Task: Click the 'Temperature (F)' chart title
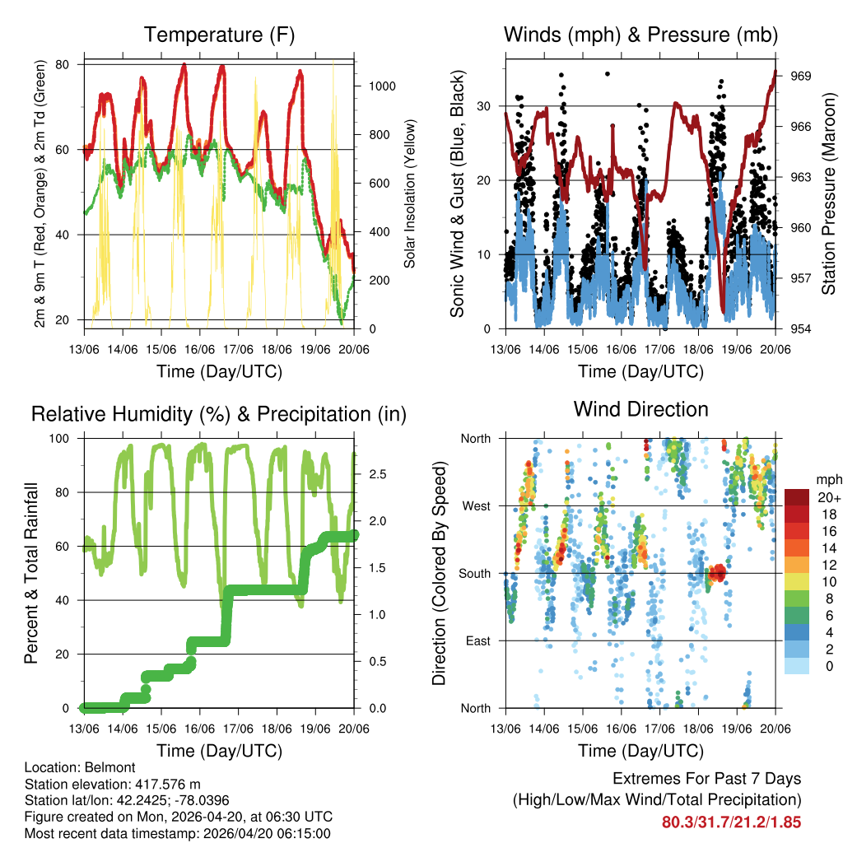[219, 35]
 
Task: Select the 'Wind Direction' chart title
[640, 409]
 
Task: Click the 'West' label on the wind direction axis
[476, 505]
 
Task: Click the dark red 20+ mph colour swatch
[796, 497]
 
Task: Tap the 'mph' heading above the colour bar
[827, 479]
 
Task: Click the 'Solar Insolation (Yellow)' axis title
[409, 193]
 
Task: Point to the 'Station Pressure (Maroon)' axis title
[828, 193]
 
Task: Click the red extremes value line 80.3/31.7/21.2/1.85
[731, 822]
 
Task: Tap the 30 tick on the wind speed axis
[484, 106]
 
